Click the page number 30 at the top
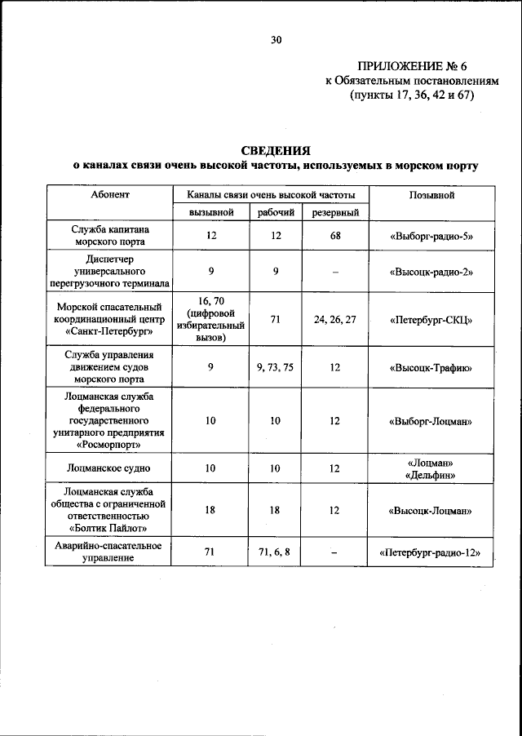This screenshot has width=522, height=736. point(276,38)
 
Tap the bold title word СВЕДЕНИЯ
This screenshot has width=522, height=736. point(276,150)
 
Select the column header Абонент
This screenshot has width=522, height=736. point(109,196)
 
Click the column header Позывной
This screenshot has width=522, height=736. point(431,196)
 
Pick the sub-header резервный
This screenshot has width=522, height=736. point(334,212)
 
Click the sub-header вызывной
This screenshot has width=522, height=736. point(210,212)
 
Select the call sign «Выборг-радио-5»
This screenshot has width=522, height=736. point(431,237)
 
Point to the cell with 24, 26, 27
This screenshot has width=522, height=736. point(334,319)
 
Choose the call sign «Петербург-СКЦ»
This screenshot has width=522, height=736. point(431,319)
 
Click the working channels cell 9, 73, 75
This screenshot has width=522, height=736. point(275,368)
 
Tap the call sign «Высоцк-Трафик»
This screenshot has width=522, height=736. point(431,368)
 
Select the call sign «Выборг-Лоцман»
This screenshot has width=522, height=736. point(431,421)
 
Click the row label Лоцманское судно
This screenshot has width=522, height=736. point(109,468)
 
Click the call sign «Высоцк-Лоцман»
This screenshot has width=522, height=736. point(431,511)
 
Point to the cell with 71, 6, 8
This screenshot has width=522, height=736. point(275,552)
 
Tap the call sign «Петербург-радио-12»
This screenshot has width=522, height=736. point(431,552)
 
